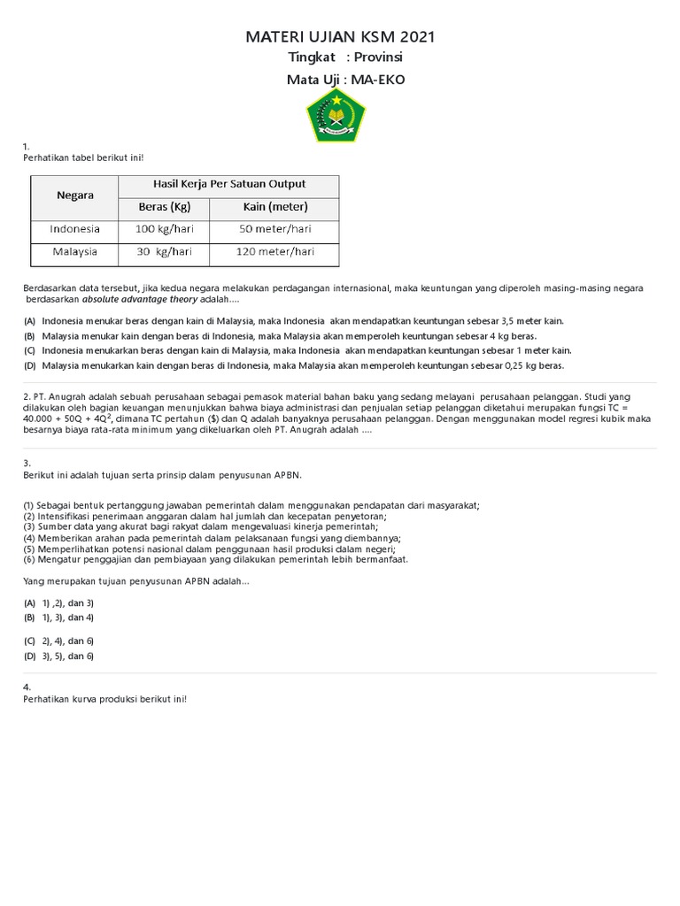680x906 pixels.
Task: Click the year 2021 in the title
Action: pyautogui.click(x=418, y=37)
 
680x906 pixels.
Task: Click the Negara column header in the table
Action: pyautogui.click(x=75, y=196)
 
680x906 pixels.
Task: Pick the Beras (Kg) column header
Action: pyautogui.click(x=164, y=207)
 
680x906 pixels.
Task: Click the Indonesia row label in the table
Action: pyautogui.click(x=75, y=228)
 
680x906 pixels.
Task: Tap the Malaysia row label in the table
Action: pyautogui.click(x=75, y=251)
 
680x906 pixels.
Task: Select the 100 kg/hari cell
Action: pyautogui.click(x=164, y=228)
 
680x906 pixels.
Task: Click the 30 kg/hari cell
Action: pyautogui.click(x=164, y=251)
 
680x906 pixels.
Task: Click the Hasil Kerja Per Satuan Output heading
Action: pyautogui.click(x=228, y=184)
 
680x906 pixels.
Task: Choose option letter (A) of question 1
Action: pyautogui.click(x=29, y=321)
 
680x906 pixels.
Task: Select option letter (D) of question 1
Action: pyautogui.click(x=29, y=365)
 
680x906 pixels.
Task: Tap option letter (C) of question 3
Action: pyautogui.click(x=29, y=640)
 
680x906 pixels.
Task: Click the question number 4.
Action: pyautogui.click(x=27, y=687)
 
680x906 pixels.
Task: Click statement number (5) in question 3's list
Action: pyautogui.click(x=29, y=549)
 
